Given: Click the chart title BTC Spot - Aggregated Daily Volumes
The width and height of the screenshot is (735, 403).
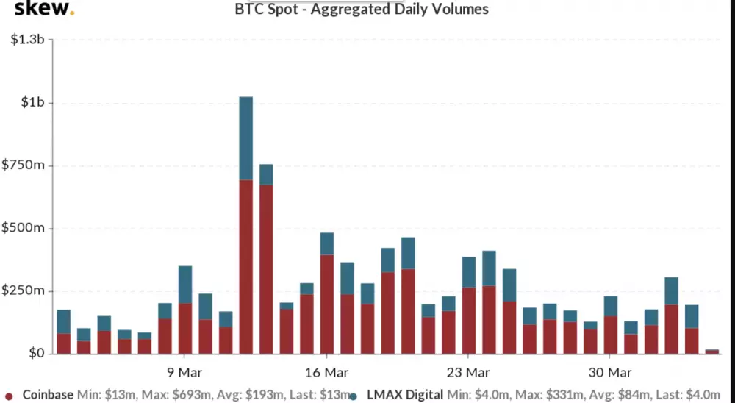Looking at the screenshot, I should (x=361, y=10).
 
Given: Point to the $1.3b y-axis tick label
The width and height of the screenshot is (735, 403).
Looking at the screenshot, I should (x=28, y=39).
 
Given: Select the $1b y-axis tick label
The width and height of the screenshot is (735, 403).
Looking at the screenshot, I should (x=33, y=102).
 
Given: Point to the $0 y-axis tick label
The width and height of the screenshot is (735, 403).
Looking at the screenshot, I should (x=36, y=354).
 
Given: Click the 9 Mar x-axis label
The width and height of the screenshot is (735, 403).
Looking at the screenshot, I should (x=184, y=372).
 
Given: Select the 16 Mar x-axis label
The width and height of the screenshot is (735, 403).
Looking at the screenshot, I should (x=326, y=372).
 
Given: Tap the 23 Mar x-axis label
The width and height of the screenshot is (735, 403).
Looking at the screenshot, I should (x=467, y=372).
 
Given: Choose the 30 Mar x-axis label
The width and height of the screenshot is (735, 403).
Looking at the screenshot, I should (x=609, y=372).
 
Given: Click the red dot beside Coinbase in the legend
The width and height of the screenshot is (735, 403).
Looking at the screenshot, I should (x=9, y=396).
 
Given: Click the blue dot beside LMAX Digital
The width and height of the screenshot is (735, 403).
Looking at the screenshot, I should (x=354, y=396).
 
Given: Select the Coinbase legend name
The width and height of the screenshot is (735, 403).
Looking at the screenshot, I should (x=48, y=395).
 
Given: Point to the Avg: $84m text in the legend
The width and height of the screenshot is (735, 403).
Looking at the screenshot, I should (x=619, y=395).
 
